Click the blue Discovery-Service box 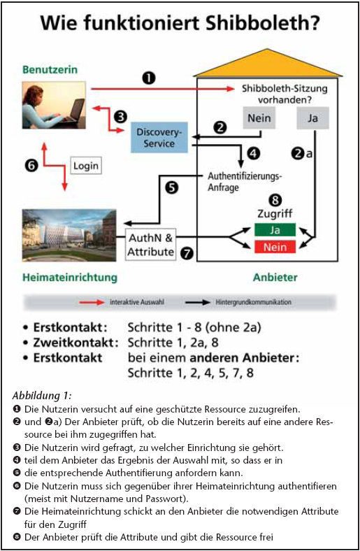coord(159,137)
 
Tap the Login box coord(86,166)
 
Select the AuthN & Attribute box coord(151,245)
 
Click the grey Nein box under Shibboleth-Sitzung coord(259,118)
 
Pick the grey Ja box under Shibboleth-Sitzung coord(312,118)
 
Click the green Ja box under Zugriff coord(275,230)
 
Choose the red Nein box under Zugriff coord(275,247)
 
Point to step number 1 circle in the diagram coord(149,78)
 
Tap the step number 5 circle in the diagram coord(172,187)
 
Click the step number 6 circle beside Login coord(31,165)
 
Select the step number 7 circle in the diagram coord(187,253)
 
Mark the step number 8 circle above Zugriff coord(275,200)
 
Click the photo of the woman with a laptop coord(54,105)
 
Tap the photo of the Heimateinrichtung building coord(69,236)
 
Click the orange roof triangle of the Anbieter coord(268,63)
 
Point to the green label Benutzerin coord(50,69)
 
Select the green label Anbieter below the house coord(275,278)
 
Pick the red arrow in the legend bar coord(92,302)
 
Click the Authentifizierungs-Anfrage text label coord(245,181)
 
